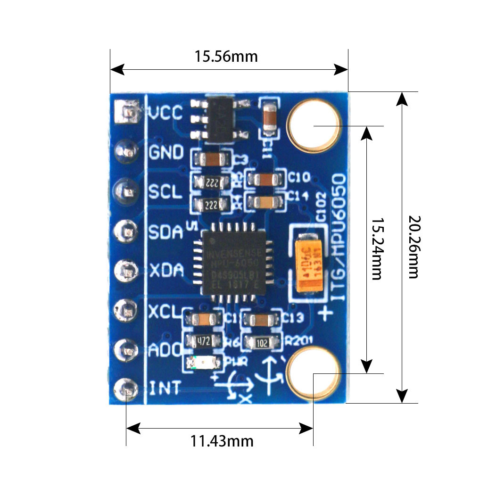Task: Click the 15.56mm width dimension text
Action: click(x=226, y=57)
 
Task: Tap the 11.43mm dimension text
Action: click(x=222, y=441)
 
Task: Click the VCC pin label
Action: click(x=165, y=113)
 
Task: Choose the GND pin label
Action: click(x=166, y=152)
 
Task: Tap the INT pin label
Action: click(x=165, y=389)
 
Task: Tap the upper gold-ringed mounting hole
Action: click(x=314, y=126)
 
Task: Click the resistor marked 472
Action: click(x=204, y=340)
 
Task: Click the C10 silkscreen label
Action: click(x=299, y=178)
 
